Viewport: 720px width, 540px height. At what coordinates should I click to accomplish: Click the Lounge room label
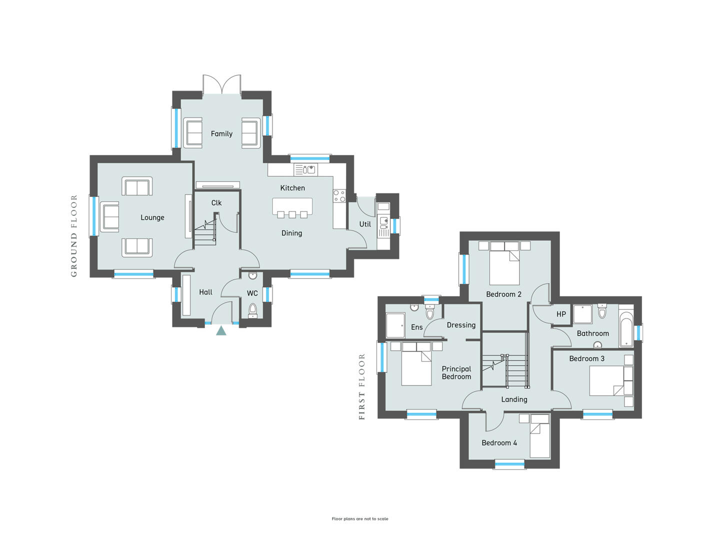click(x=152, y=217)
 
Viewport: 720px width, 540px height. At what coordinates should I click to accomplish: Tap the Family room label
click(x=221, y=134)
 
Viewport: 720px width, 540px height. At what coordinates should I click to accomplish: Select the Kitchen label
click(x=292, y=188)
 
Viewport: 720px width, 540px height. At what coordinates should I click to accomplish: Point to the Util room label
click(x=365, y=224)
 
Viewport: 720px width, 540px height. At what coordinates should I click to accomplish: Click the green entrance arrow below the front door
click(x=221, y=330)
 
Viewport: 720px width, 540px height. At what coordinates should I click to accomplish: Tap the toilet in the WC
click(x=252, y=310)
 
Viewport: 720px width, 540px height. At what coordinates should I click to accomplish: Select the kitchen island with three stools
click(x=292, y=208)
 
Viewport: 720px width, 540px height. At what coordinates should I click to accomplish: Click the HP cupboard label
click(x=561, y=314)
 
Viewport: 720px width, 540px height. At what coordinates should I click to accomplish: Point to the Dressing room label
click(x=461, y=325)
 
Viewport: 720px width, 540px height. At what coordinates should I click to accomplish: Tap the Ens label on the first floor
click(x=417, y=327)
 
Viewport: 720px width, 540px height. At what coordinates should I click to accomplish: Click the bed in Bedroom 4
click(x=540, y=435)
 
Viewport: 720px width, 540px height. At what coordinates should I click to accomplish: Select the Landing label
click(x=514, y=399)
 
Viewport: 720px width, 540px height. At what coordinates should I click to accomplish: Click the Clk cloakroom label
click(x=216, y=203)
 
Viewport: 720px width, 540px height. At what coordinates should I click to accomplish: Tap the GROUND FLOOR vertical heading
click(x=74, y=235)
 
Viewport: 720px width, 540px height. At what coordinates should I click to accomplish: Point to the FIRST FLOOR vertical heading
click(x=362, y=387)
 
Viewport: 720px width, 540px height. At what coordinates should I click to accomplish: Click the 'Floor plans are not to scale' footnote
click(x=360, y=518)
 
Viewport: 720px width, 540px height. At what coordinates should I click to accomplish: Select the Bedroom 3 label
click(x=587, y=358)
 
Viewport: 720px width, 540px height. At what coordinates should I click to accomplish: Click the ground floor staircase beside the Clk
click(x=205, y=231)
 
